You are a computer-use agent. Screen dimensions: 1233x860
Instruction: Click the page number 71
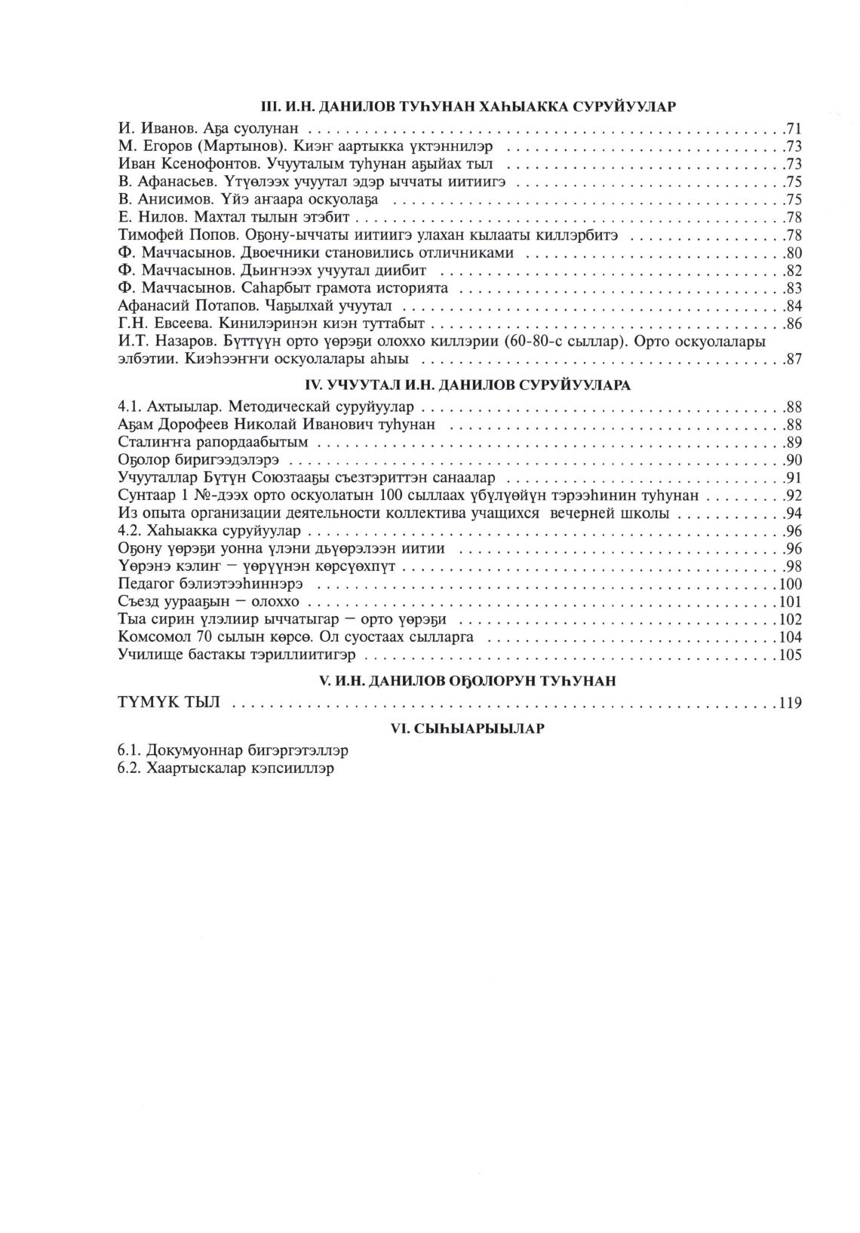tap(793, 128)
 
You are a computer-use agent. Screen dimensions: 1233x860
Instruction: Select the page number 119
tap(790, 704)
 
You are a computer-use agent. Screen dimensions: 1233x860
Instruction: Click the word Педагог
tap(146, 584)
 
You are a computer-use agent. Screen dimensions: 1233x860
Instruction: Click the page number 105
tap(790, 655)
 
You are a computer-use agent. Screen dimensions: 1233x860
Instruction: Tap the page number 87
tap(793, 360)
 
